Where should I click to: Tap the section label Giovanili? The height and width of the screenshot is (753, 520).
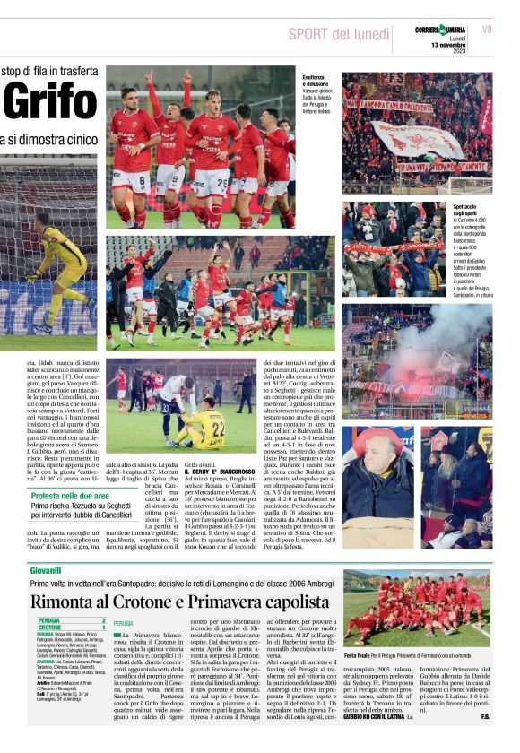pyautogui.click(x=46, y=570)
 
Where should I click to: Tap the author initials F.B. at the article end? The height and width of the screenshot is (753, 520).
pyautogui.click(x=485, y=716)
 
